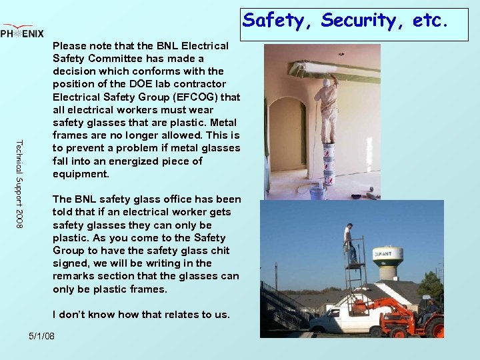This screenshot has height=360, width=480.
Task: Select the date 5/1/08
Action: [41, 335]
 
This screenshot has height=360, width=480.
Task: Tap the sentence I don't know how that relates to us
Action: [141, 315]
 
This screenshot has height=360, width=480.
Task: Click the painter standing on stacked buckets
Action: [328, 107]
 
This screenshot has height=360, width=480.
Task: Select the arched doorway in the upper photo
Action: [287, 133]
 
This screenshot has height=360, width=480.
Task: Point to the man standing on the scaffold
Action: [349, 243]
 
